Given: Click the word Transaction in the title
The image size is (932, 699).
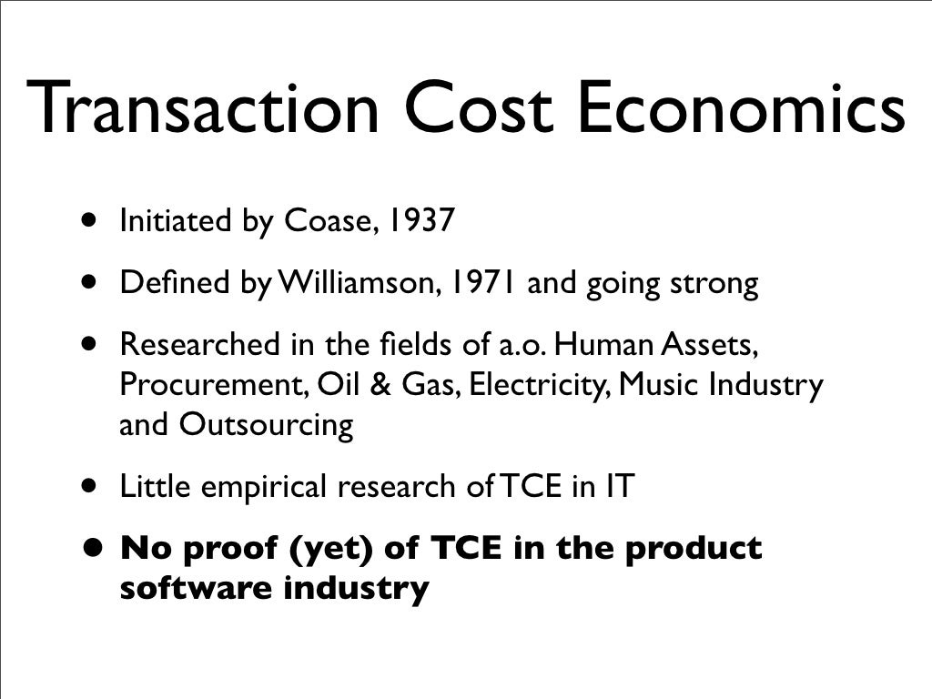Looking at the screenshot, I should (202, 107).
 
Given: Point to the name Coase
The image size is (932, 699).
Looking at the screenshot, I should (325, 222).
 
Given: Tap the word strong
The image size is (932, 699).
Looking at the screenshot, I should (714, 284).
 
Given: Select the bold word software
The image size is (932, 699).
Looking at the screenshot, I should (196, 589).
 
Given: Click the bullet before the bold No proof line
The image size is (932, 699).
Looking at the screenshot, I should (91, 550).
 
